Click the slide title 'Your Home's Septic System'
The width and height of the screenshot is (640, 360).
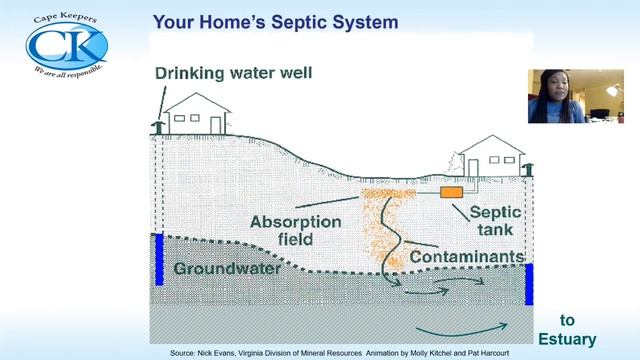click(x=275, y=21)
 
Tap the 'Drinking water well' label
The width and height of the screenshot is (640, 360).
click(x=233, y=73)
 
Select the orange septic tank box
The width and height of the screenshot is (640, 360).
click(x=451, y=190)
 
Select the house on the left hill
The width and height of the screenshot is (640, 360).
click(x=196, y=115)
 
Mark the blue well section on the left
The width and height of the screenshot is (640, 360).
click(x=158, y=258)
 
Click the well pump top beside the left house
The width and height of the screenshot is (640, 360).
click(x=157, y=126)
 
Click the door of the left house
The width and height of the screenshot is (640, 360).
click(x=215, y=123)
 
